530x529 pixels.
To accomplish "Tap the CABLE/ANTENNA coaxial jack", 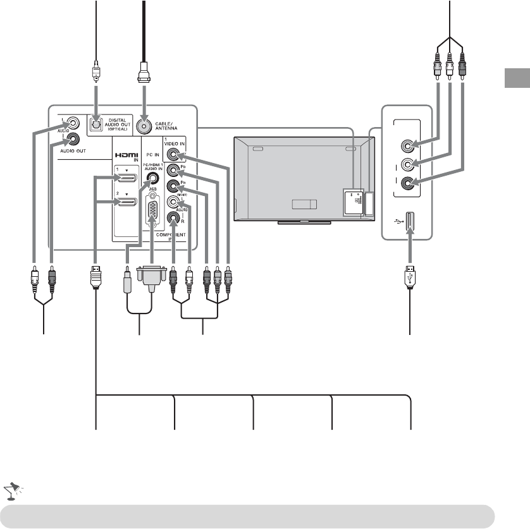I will (145, 125).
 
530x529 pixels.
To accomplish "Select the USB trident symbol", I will (395, 222).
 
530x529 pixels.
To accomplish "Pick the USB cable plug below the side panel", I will (409, 278).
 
